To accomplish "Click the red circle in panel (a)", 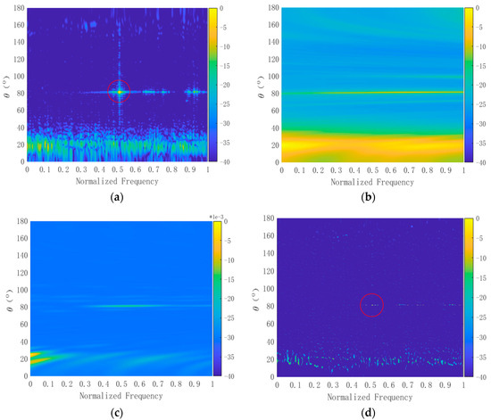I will point(119,91).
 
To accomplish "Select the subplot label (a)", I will point(119,197).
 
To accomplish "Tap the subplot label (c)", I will point(119,412).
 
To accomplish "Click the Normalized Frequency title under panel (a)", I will point(118,181).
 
